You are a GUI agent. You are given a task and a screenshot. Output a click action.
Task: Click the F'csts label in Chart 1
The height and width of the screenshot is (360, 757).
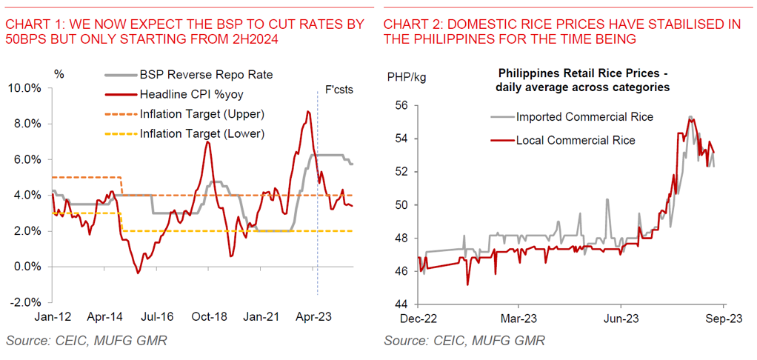pos(340,90)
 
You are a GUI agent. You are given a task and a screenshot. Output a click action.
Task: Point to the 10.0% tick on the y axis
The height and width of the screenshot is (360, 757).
pos(26,88)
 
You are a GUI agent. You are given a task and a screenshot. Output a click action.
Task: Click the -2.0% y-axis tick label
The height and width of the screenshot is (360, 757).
pos(26,302)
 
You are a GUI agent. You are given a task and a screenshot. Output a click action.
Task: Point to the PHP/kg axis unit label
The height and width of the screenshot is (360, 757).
pos(407,76)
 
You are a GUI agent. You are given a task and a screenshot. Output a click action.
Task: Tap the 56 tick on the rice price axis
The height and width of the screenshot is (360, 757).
pos(400,106)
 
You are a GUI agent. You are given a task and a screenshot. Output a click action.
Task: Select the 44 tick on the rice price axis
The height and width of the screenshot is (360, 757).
pos(400,304)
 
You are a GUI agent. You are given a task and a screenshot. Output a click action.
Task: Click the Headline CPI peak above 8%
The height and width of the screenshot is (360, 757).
pos(307,112)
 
